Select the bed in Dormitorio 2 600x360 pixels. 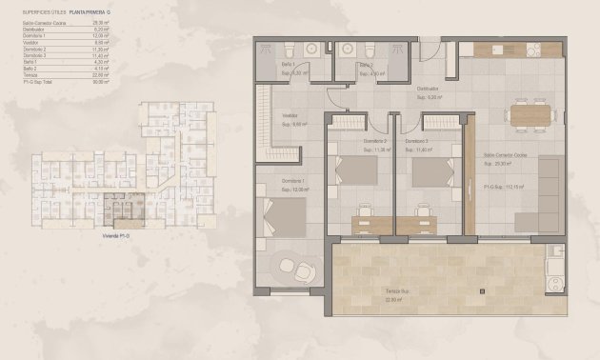point(358,170)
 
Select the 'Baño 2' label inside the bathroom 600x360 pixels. point(366,65)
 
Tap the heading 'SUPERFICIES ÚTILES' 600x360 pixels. point(43,11)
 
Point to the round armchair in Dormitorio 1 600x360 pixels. point(299,270)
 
